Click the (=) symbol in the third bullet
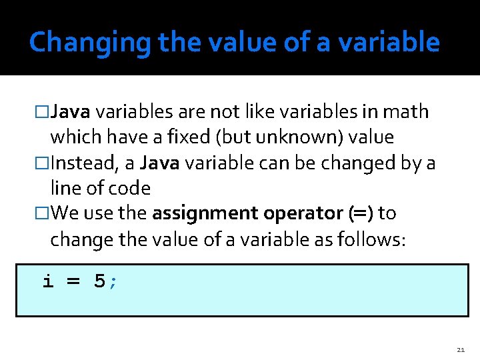point(359,214)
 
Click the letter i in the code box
point(48,281)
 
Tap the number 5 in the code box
point(99,281)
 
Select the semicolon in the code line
point(113,283)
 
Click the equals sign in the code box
point(73,282)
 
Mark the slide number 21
point(461,349)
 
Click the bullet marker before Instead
point(43,163)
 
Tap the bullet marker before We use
point(43,214)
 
